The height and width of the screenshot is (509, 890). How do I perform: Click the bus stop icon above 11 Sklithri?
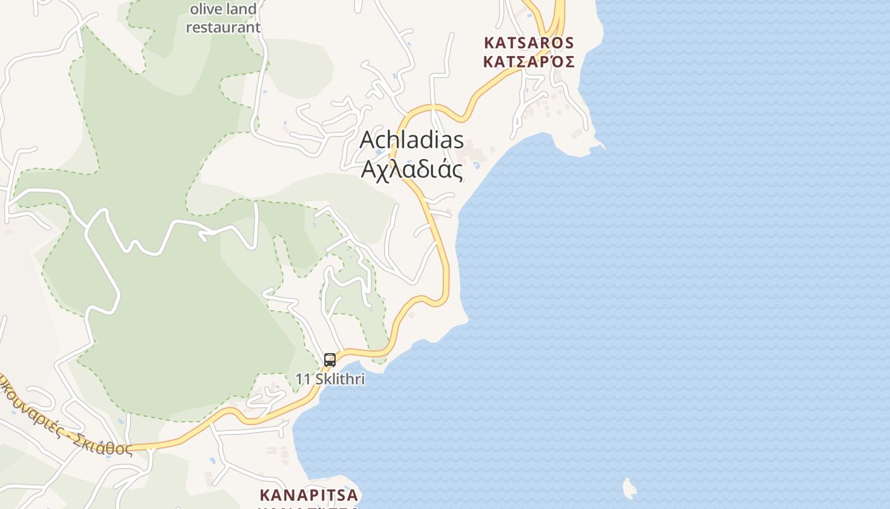click(x=330, y=360)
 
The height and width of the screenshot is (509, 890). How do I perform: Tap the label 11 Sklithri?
click(x=330, y=379)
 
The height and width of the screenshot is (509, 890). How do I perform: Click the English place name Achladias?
click(x=411, y=140)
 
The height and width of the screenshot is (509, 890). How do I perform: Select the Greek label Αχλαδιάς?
click(x=411, y=169)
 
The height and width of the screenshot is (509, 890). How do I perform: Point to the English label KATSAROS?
click(x=529, y=43)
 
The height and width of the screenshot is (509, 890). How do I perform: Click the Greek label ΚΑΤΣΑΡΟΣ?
click(x=529, y=62)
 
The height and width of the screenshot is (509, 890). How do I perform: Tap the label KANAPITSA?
click(x=309, y=494)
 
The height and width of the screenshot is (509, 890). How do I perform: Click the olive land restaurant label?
click(x=223, y=18)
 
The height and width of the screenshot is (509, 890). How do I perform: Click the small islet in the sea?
click(x=629, y=489)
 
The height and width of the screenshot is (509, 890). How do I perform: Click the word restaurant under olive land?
click(x=223, y=27)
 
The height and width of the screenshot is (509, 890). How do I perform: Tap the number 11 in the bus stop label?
click(x=303, y=379)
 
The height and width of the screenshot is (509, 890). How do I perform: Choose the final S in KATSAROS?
click(x=569, y=43)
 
